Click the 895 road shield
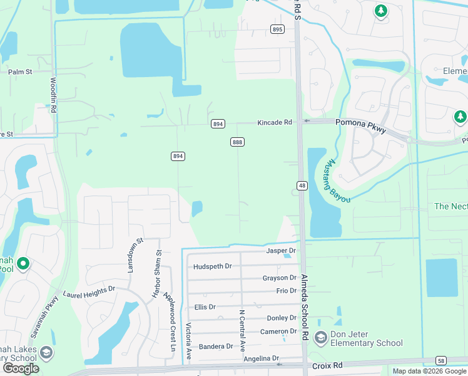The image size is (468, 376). coord(278,29)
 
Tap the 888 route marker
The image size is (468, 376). coord(237,142)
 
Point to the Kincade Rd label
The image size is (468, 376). coord(275,123)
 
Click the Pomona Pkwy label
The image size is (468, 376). coord(359,123)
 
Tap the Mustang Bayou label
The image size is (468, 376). coord(337,179)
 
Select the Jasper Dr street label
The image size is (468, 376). coord(280,251)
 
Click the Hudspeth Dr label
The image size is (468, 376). coord(213,266)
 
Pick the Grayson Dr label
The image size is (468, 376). coord(279,278)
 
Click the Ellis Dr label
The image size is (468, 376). coord(205,307)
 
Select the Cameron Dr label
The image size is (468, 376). coord(278,332)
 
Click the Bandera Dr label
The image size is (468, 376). coord(216,346)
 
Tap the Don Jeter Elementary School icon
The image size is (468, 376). coord(321,338)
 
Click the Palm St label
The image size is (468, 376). coord(20,72)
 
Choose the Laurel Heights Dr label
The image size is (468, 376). coord(89,291)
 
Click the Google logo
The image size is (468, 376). coord(21,368)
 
